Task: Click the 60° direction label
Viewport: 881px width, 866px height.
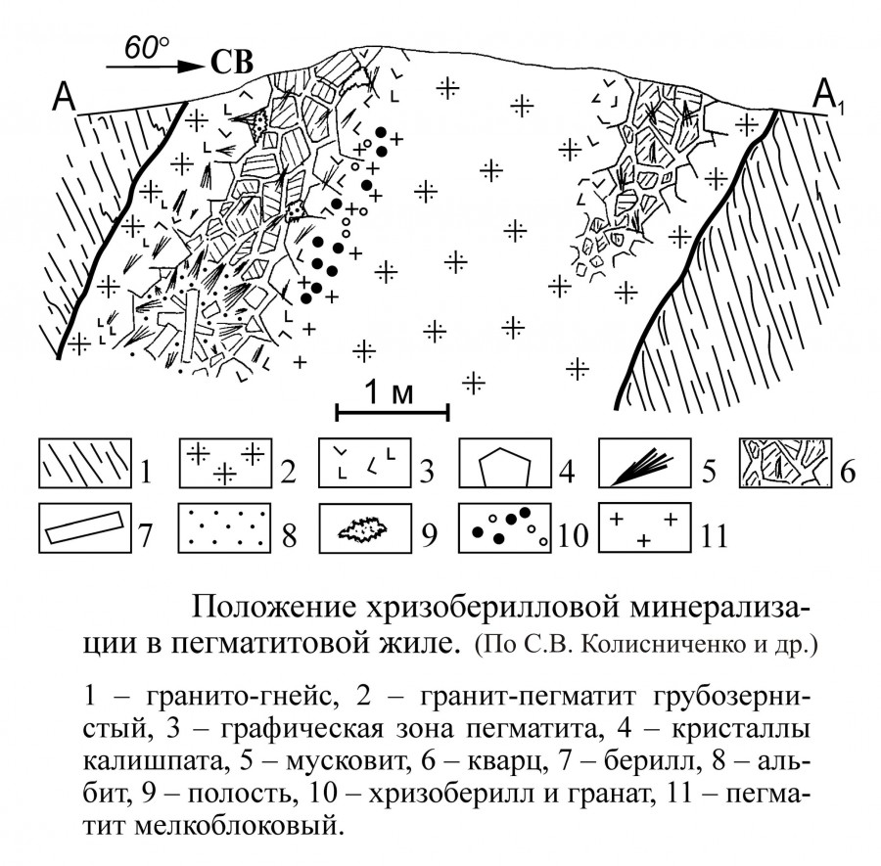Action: point(146,47)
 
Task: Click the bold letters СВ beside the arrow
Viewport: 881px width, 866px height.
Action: point(231,63)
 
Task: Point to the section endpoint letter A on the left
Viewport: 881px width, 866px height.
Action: point(64,96)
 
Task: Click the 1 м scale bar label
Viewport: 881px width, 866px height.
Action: point(390,392)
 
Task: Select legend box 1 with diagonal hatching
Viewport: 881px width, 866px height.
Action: point(85,463)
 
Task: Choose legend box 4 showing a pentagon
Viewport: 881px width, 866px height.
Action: point(505,463)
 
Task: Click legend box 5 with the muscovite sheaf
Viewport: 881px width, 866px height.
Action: point(644,463)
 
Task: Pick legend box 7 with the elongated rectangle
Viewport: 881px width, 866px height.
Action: point(85,527)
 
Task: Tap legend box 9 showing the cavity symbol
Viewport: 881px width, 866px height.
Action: point(365,527)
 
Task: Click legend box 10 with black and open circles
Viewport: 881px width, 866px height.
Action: point(505,527)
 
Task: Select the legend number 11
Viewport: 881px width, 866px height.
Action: point(715,536)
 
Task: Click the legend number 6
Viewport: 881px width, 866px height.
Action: point(848,472)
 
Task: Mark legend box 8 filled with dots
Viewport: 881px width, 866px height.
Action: point(225,527)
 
